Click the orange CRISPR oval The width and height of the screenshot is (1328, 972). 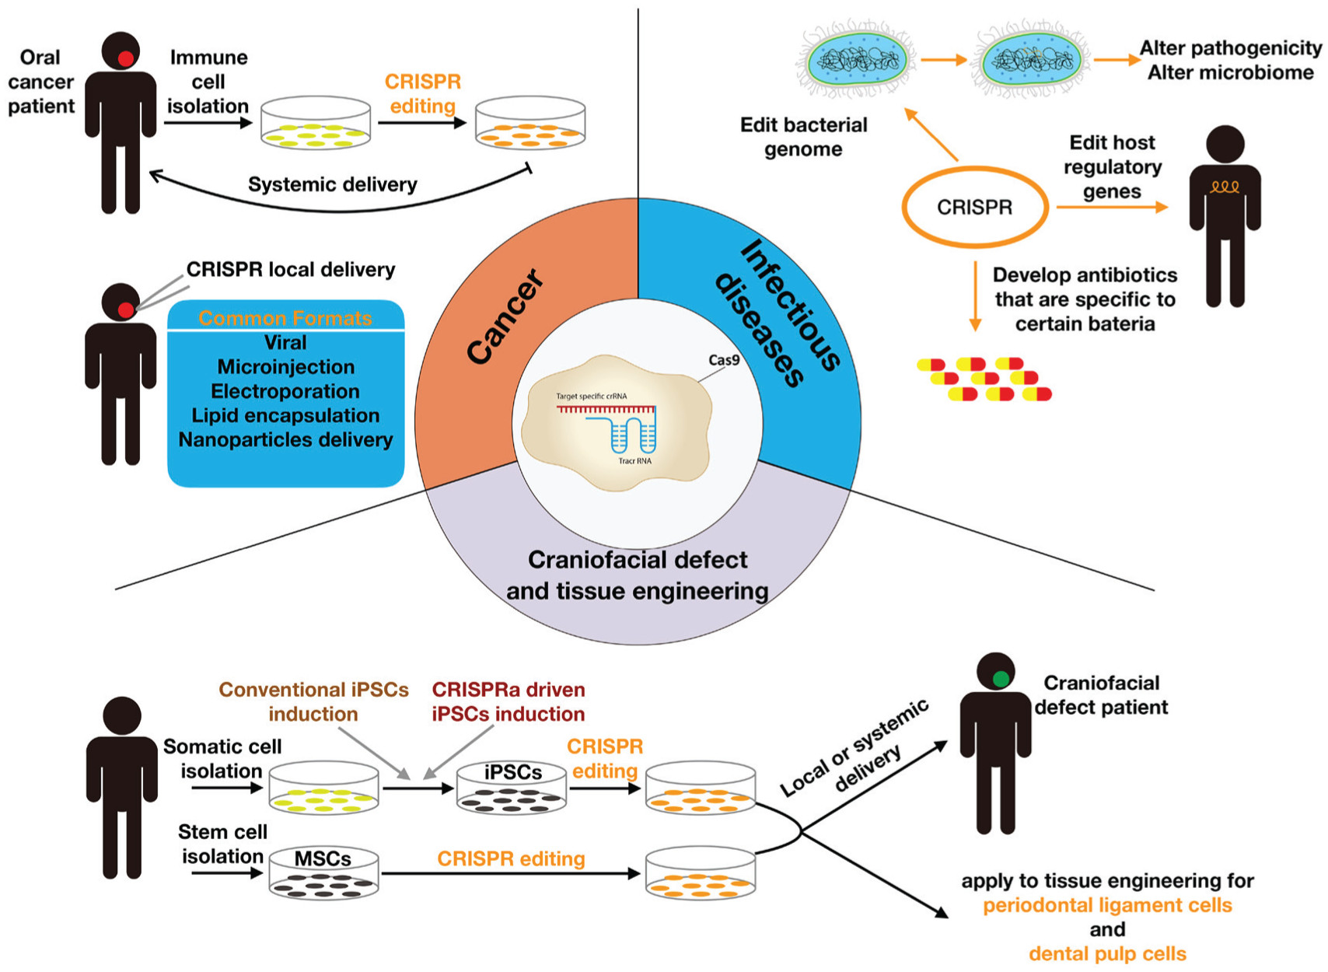click(x=975, y=208)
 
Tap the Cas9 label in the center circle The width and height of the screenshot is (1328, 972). click(x=724, y=360)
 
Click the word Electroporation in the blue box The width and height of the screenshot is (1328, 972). click(x=285, y=391)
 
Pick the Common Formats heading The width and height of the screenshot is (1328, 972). click(x=285, y=318)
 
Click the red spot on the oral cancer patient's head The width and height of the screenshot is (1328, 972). click(x=125, y=58)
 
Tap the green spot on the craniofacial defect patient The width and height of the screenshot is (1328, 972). click(x=1001, y=679)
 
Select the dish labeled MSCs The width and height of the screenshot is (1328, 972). click(x=323, y=874)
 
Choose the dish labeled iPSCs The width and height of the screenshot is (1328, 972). click(x=512, y=788)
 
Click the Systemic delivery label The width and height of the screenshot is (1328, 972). click(x=332, y=184)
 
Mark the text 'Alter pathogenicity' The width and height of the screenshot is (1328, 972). click(x=1230, y=48)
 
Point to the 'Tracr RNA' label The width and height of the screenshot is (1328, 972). click(x=635, y=461)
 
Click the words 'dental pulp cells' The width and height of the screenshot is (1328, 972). click(x=1107, y=953)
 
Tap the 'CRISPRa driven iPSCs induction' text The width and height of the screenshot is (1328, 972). click(x=508, y=701)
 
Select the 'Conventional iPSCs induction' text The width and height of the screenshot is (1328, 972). click(x=313, y=701)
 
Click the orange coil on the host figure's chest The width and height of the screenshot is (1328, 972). click(x=1225, y=187)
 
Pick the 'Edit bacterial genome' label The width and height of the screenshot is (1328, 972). click(x=803, y=137)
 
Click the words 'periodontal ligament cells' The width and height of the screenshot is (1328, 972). click(x=1107, y=905)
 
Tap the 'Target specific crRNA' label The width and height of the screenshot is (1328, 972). click(x=591, y=397)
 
